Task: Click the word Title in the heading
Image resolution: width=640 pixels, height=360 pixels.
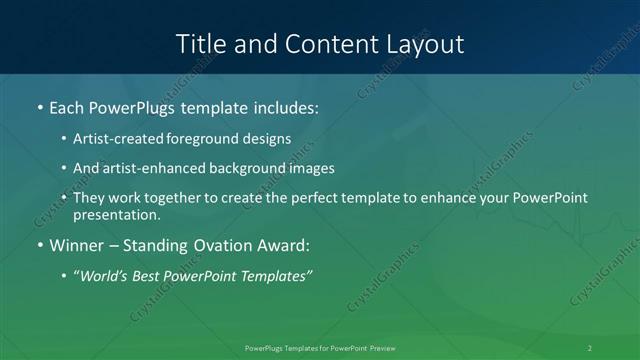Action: pyautogui.click(x=201, y=44)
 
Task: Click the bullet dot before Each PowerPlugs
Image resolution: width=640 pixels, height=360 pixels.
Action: pyautogui.click(x=39, y=105)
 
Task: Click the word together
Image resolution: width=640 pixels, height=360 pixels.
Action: pyautogui.click(x=163, y=198)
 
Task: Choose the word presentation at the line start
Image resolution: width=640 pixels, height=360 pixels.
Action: pyautogui.click(x=116, y=215)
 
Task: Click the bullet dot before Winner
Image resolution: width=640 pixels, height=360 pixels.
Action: pyautogui.click(x=39, y=246)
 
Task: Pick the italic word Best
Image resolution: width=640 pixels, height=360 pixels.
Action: pyautogui.click(x=148, y=275)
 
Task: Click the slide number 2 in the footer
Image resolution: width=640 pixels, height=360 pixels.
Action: pyautogui.click(x=590, y=348)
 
